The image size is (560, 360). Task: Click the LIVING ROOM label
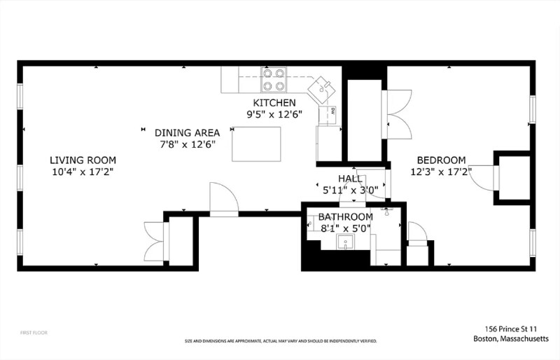pyautogui.click(x=83, y=160)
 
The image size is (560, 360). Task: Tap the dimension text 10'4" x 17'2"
pyautogui.click(x=83, y=171)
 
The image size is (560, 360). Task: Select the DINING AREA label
pyautogui.click(x=187, y=132)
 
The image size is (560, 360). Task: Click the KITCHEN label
pyautogui.click(x=265, y=103)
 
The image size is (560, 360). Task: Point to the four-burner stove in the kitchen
pyautogui.click(x=274, y=79)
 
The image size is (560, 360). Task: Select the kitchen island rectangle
pyautogui.click(x=256, y=144)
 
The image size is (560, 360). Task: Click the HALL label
pyautogui.click(x=350, y=179)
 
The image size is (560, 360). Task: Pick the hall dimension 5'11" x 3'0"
pyautogui.click(x=350, y=190)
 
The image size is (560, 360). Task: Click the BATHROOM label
pyautogui.click(x=346, y=217)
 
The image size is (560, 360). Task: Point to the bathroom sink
pyautogui.click(x=345, y=243)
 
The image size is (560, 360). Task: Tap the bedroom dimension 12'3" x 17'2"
pyautogui.click(x=441, y=171)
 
